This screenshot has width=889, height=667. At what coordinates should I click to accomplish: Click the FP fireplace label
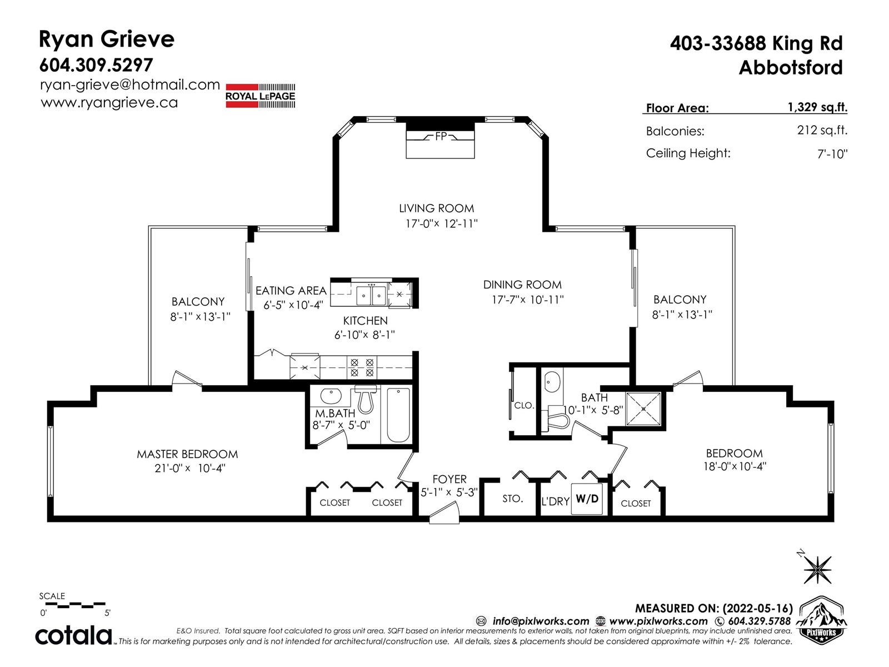point(441,137)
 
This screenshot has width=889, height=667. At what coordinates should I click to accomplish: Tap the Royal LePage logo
point(260,96)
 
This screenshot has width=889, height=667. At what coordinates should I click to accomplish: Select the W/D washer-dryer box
point(587,499)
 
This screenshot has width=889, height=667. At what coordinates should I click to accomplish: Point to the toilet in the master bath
point(365,399)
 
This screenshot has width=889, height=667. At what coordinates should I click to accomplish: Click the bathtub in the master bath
point(398,415)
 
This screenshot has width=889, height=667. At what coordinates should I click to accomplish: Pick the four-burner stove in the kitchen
point(362,367)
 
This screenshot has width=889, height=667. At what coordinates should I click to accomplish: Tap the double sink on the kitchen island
point(371,295)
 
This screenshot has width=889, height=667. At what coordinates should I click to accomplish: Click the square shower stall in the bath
point(643,409)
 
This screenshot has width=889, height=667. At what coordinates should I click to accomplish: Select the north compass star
point(816,569)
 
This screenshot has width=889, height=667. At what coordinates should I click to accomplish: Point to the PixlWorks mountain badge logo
point(821,619)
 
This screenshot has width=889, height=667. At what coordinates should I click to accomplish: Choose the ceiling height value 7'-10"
point(832,154)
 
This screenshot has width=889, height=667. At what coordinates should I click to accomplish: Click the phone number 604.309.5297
point(96,65)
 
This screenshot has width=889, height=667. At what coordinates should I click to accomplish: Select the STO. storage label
point(513,499)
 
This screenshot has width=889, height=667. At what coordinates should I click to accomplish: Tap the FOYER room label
point(450,479)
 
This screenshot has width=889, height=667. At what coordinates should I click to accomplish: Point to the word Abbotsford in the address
point(791,68)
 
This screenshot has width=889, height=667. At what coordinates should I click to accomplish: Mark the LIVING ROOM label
point(437,208)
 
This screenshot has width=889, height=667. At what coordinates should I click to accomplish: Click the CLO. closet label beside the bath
point(524,405)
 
